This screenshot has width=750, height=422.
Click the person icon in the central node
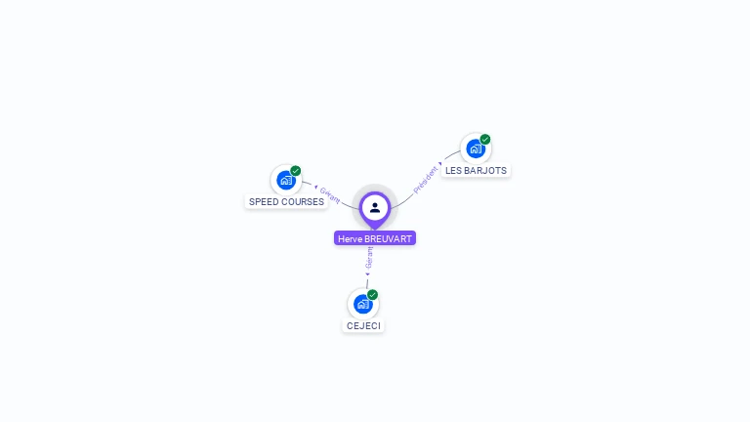point(375,207)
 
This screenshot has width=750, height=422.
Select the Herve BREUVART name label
point(375,238)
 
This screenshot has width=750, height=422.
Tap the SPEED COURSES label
point(286,202)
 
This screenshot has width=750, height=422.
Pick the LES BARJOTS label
point(476,170)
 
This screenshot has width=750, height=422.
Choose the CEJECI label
point(363,325)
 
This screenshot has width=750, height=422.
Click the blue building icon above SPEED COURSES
point(285,180)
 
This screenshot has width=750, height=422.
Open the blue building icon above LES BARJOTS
point(475,148)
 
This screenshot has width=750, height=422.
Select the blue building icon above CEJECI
point(362,304)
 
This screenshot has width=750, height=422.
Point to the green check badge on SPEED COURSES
point(296,171)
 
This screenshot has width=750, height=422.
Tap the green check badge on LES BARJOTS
point(485,140)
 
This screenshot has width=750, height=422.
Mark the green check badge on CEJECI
point(373,295)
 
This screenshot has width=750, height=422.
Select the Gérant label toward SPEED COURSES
point(330,194)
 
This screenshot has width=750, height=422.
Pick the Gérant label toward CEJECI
point(369,258)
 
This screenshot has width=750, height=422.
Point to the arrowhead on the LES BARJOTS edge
point(441,163)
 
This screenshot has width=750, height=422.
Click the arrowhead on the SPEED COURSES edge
point(315,186)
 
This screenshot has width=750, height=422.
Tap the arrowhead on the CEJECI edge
point(366,274)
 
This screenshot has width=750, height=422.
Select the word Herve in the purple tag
point(350,238)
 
